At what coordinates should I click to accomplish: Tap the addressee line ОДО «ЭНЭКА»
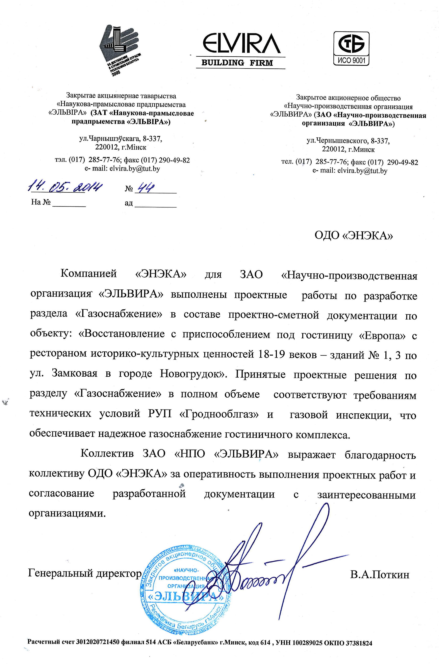tap(353, 236)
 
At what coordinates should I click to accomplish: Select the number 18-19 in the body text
tap(270, 355)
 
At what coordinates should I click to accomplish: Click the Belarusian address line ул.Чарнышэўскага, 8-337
tap(121, 139)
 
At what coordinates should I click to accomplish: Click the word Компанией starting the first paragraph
tap(89, 273)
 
